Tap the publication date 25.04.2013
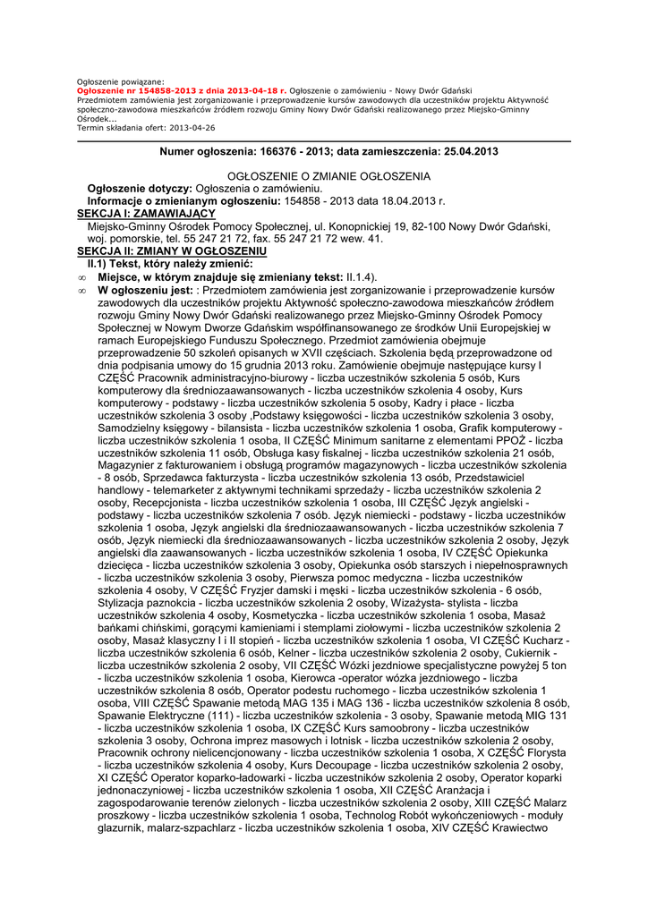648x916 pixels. click(x=467, y=152)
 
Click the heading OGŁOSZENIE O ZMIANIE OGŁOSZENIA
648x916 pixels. click(x=329, y=176)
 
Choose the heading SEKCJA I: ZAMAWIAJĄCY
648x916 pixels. click(x=146, y=214)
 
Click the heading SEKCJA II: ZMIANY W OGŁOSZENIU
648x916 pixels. click(x=166, y=252)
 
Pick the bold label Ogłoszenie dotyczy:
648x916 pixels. click(x=140, y=189)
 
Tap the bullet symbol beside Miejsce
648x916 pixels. click(x=81, y=277)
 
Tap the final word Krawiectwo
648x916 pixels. click(x=531, y=828)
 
